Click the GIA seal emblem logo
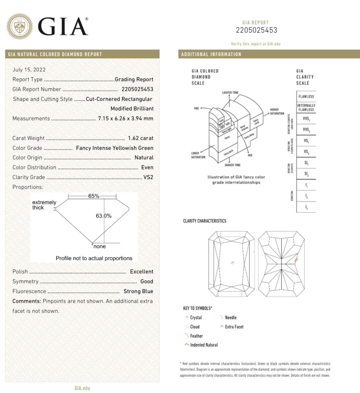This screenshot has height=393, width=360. coord(19,26)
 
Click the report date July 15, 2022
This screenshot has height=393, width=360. coord(29,70)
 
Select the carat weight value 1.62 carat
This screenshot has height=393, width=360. coord(141,138)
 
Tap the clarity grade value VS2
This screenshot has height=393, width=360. coord(148,177)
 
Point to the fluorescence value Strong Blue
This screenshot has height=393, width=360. coord(138,291)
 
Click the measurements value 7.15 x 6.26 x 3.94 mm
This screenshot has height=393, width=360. coord(126,119)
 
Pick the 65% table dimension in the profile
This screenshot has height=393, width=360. coord(93,196)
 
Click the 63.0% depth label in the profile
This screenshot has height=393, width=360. coord(104,216)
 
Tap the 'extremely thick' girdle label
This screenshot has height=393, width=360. coord(44,205)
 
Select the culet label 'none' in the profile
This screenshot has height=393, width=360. coord(100,247)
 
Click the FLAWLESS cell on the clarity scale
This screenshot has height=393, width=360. coord(306,97)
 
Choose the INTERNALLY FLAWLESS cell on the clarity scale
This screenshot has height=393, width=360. coord(306,107)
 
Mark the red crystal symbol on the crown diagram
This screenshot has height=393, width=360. coord(232,263)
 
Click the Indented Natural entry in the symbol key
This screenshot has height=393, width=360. coord(204,345)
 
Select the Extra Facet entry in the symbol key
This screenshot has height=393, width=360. coord(234,327)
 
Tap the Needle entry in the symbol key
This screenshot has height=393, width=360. coord(231,317)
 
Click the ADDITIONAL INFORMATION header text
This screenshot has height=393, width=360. coord(211,54)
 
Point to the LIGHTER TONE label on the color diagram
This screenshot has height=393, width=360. coord(230,93)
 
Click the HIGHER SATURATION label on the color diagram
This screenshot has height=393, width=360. coord(277,112)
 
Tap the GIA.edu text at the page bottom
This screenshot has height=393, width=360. coord(82,388)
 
